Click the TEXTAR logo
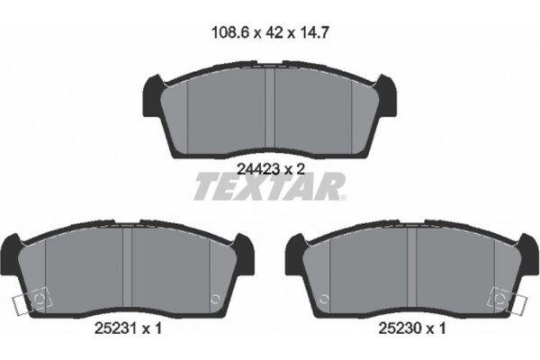pyautogui.click(x=268, y=187)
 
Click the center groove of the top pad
pyautogui.click(x=272, y=106)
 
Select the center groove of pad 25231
pyautogui.click(x=132, y=270)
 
